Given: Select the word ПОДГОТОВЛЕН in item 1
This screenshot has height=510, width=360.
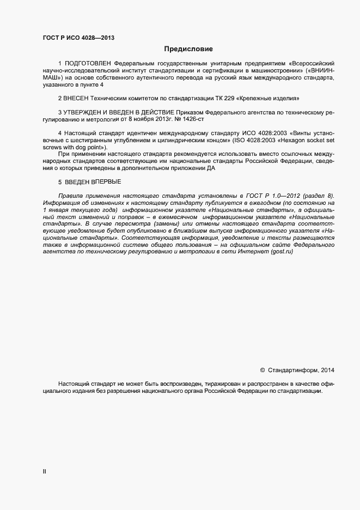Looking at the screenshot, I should point(90,64).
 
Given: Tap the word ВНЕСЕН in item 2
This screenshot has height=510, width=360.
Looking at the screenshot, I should point(78,99).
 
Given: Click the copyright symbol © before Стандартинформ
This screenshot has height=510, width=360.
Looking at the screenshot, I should point(262,371).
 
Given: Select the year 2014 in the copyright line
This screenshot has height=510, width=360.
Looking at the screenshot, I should point(328,371).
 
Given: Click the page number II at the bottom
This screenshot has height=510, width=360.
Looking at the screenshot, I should point(44,472).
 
